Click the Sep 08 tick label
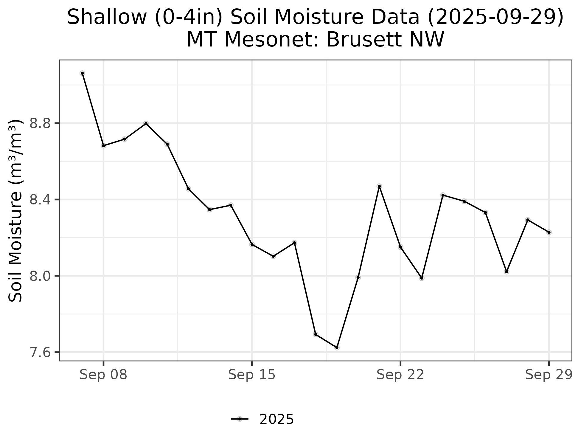103,375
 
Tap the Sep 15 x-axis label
251,375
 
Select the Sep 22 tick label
400,375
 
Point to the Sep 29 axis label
549,375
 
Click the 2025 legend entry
276,420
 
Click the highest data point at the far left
82,73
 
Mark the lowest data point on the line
337,347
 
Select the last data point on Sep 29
549,232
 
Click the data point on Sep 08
103,146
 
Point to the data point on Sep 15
252,245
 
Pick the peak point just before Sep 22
379,186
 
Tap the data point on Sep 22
400,247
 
